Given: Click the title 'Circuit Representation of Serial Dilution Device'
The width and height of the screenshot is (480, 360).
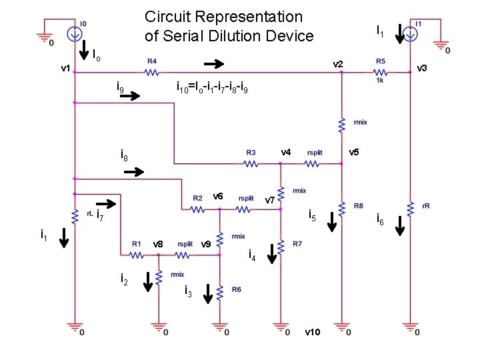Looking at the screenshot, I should pos(229,26).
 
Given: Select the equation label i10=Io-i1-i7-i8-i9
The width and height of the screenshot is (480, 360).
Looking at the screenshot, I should pos(212,86).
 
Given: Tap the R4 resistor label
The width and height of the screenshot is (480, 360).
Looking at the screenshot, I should pos(153,61).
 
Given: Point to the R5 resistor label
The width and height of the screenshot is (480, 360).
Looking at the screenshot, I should pos(381,61).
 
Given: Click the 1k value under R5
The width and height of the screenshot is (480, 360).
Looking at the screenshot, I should pos(381,80).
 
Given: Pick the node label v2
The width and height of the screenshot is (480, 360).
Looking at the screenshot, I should pos(339,64).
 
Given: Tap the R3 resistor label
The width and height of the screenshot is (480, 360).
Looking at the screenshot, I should pos(251,152).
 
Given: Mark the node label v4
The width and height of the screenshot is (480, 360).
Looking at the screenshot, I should pos(286,152).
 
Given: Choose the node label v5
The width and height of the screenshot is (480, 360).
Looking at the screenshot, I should pos(354,152).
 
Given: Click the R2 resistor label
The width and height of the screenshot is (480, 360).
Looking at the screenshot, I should pos(197,198).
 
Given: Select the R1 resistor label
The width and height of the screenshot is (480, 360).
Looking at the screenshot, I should pos(136,243).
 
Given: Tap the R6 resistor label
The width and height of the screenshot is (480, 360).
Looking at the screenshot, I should pos(237,289).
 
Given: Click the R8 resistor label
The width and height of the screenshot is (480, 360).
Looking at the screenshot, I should pos(359,206).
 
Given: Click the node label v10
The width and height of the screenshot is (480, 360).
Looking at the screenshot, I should pos(313,332).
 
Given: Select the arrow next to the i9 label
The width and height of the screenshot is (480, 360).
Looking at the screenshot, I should pos(131,96).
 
